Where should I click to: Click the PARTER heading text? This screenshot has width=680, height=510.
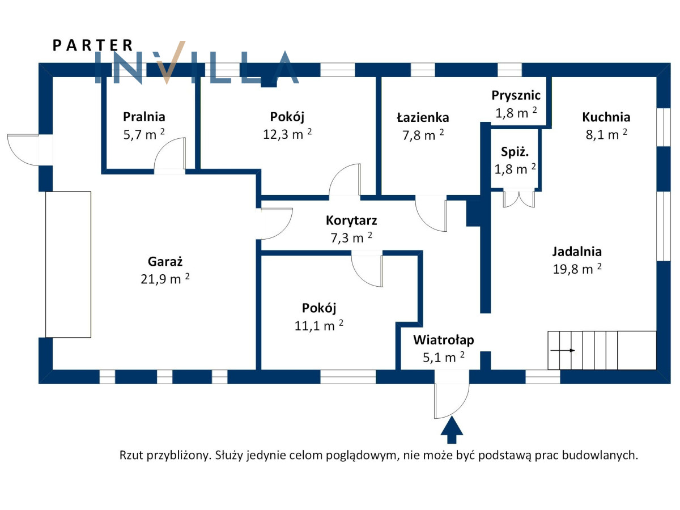(x=93, y=45)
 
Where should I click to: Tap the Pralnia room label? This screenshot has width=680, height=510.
(x=144, y=117)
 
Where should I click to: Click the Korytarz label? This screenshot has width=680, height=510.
(x=351, y=220)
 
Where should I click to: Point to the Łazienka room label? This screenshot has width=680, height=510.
(x=423, y=118)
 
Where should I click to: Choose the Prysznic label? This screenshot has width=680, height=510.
(x=516, y=96)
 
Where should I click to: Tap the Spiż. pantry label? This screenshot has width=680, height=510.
(x=515, y=152)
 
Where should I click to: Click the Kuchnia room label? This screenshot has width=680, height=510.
(x=606, y=117)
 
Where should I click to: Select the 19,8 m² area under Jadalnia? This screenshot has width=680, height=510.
(x=577, y=269)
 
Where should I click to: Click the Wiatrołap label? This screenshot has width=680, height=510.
(x=443, y=340)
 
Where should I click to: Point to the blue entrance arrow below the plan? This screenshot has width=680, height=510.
(x=452, y=430)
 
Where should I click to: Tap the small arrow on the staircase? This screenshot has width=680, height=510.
(x=567, y=350)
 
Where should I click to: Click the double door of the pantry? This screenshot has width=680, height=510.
(x=518, y=198)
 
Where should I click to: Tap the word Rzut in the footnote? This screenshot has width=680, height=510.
(x=131, y=455)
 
